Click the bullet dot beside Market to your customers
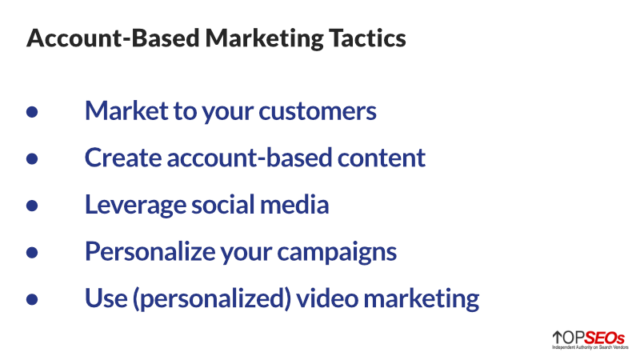[33, 111]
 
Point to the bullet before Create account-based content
[33, 158]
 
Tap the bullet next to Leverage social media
[33, 206]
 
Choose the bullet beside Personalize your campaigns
[33, 253]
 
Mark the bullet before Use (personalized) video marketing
[33, 300]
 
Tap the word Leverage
[128, 206]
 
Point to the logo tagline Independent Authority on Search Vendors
[589, 348]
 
